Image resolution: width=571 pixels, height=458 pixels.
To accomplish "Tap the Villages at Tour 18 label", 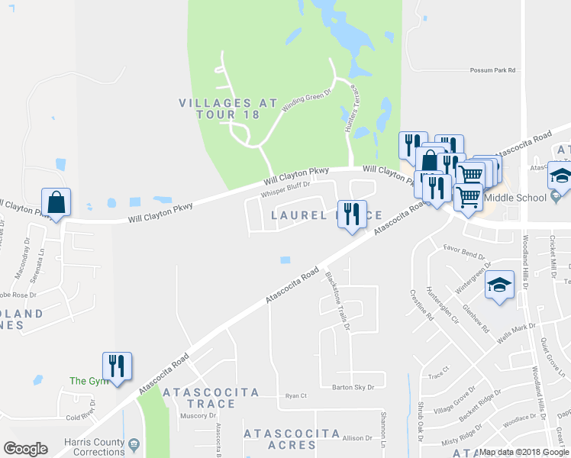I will [219, 108].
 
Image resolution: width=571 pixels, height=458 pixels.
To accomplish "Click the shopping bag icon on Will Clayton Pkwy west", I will [56, 203].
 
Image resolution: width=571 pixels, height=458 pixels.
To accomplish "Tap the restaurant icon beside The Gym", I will [117, 366].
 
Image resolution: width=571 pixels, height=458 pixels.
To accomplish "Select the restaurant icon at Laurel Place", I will [352, 214].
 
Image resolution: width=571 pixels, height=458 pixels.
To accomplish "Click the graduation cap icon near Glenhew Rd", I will [499, 285].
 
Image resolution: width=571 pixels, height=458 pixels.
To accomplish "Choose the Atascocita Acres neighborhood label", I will [291, 439].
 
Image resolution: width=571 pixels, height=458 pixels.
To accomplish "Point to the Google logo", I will [26, 449].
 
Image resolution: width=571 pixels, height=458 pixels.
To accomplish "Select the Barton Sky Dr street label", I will [353, 387].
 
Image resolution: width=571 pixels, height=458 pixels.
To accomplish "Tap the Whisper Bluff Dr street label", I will [285, 189].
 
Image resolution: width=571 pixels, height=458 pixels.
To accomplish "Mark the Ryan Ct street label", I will [295, 395].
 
